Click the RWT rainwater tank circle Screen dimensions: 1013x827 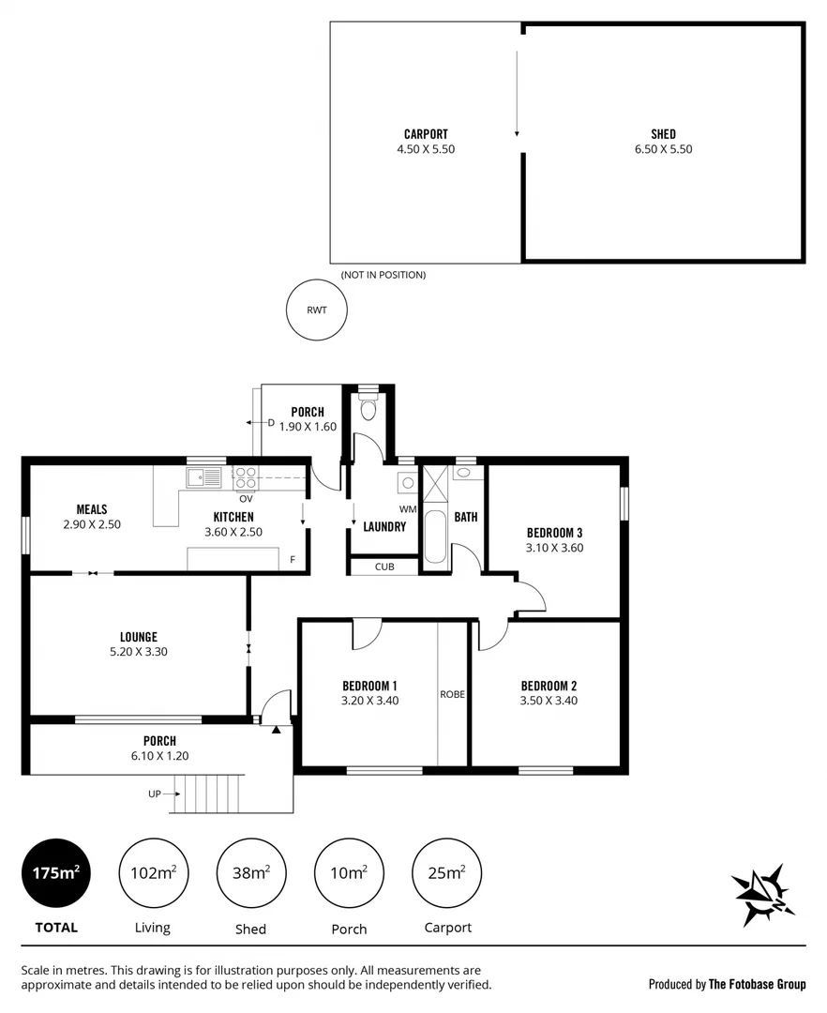[316, 310]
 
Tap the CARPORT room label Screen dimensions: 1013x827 [426, 134]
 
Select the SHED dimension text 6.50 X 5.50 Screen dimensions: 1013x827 [663, 149]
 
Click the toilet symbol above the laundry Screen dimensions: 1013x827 [368, 410]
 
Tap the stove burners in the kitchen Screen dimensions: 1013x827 [246, 478]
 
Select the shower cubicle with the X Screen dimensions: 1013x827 [435, 486]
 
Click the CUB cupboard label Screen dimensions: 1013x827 [383, 567]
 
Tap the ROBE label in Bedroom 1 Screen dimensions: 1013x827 [452, 695]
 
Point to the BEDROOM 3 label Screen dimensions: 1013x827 [554, 533]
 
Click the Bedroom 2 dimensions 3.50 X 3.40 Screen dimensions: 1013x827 [549, 700]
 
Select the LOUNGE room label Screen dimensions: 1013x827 [138, 637]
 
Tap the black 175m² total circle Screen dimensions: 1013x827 [56, 873]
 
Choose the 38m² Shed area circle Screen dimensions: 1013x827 [250, 873]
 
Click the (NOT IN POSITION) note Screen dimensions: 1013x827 [383, 275]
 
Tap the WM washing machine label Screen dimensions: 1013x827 [407, 509]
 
